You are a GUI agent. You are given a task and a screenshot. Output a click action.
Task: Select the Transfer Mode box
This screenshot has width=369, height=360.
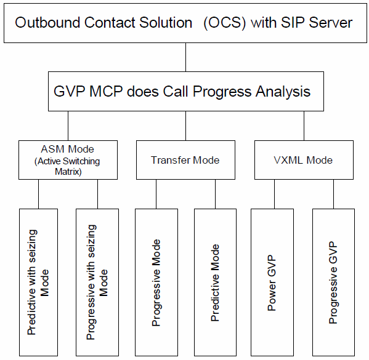point(185,161)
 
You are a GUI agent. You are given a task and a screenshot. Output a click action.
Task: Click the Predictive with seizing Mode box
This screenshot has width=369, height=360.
point(38,282)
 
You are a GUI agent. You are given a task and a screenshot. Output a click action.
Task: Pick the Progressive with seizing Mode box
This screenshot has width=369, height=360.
point(97,282)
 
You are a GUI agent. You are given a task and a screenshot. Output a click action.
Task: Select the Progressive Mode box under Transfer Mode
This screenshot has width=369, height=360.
point(156,282)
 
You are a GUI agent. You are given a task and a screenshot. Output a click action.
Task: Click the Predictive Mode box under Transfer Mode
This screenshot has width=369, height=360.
point(215,282)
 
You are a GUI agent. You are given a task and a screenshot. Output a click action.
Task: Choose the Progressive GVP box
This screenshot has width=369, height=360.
point(333,282)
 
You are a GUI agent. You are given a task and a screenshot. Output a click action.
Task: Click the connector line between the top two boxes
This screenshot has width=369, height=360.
point(185,58)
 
